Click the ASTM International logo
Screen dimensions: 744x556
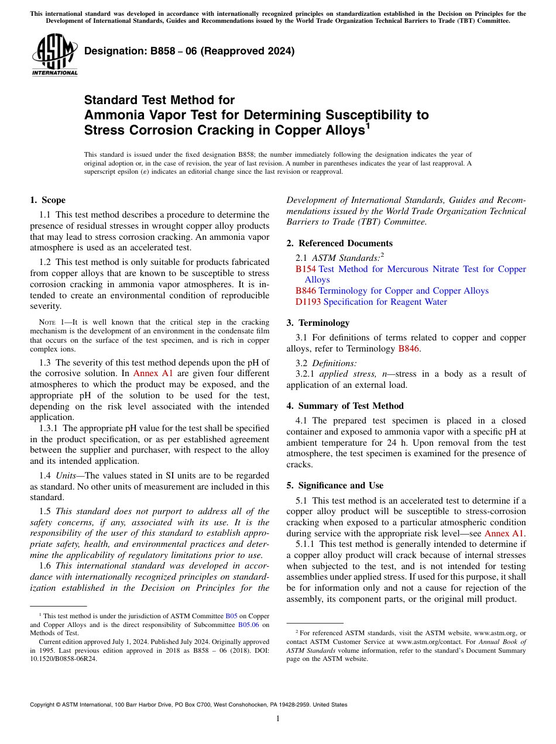54,55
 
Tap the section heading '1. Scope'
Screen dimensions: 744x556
47,200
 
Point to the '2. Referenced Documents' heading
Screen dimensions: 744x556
339,243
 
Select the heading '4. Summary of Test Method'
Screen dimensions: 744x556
345,406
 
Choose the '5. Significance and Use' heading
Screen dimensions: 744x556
335,485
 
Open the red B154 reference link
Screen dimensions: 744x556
306,269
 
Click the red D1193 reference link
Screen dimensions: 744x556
308,302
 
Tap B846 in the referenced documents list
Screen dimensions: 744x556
306,291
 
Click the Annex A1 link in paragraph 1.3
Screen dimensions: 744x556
152,373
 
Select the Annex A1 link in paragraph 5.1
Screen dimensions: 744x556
504,533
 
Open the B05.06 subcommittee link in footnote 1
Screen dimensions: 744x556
248,625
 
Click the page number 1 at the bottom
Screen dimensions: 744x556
278,718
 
